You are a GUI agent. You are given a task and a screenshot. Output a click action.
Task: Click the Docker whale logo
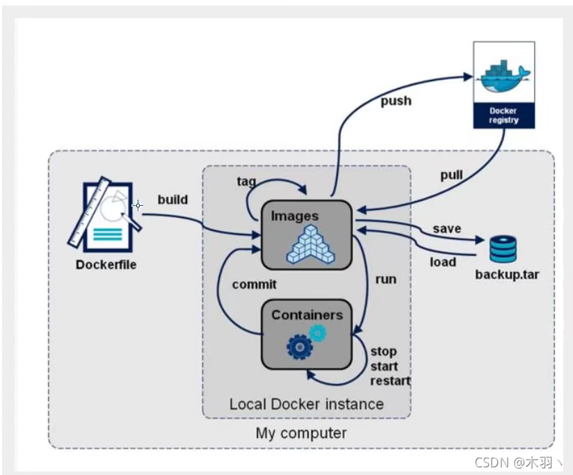tap(504, 77)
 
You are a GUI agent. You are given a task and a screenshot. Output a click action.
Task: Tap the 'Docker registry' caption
tap(503, 115)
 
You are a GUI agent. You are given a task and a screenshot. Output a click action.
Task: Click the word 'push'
tap(396, 101)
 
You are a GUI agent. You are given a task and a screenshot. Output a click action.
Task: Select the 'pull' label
tap(451, 175)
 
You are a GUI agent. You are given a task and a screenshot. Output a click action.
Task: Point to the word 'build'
tap(172, 200)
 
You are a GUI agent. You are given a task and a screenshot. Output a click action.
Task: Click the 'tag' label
tap(246, 182)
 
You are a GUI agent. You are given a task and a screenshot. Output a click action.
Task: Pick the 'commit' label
tap(255, 284)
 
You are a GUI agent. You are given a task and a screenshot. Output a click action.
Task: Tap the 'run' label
tap(386, 280)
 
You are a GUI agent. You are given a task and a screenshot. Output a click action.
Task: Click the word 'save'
tap(447, 229)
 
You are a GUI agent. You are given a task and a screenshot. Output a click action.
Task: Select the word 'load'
tap(443, 262)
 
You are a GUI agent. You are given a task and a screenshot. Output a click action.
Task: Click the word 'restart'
tap(390, 380)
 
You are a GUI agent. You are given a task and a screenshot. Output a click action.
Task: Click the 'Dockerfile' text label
tap(106, 264)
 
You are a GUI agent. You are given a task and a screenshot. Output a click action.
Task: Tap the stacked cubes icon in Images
tap(311, 244)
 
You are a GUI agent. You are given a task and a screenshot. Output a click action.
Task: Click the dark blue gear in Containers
tap(300, 347)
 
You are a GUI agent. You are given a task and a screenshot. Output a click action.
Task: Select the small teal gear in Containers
tap(318, 333)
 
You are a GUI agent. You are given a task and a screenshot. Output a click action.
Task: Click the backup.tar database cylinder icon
tap(503, 249)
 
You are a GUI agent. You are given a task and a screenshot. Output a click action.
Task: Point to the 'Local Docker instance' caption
tap(307, 404)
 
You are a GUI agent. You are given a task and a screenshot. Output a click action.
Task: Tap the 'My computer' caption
tap(301, 433)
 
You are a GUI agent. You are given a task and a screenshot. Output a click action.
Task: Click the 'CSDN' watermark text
tap(492, 462)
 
